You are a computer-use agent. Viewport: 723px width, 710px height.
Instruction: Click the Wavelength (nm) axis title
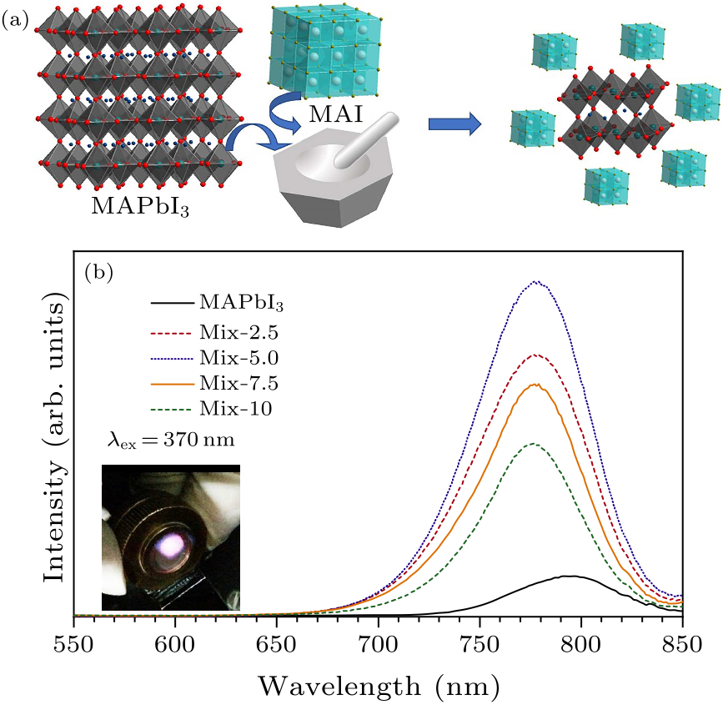point(378,686)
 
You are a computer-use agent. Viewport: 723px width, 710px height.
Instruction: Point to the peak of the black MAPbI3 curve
point(570,576)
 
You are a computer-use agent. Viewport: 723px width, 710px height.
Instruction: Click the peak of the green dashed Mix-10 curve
point(532,444)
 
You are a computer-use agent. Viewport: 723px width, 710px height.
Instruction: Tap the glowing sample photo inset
point(170,538)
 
